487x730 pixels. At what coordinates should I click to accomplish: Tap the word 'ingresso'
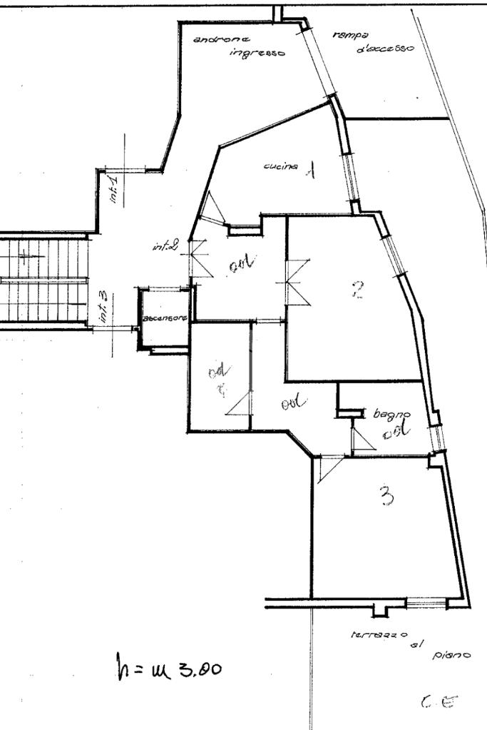(x=257, y=53)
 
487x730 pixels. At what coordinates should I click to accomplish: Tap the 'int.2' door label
(x=165, y=247)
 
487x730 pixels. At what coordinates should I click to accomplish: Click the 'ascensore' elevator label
(x=164, y=318)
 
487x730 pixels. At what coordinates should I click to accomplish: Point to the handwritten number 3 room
(x=386, y=496)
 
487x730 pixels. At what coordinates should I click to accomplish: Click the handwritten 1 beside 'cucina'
(x=311, y=171)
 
